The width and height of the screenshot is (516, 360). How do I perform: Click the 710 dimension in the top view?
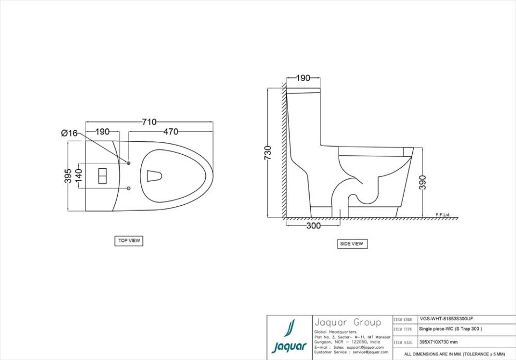pos(149,122)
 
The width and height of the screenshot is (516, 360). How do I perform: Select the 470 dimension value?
pos(171,132)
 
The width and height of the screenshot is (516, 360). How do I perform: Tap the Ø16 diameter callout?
pos(69,133)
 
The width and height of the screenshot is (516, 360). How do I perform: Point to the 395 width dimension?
pos(68,176)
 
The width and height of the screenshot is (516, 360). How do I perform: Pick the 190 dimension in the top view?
pos(103,132)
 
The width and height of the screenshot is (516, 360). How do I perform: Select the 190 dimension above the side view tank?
pos(303,78)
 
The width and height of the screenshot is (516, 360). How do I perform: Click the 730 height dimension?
pos(268,152)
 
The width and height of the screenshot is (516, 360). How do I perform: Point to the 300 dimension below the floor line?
pos(313,226)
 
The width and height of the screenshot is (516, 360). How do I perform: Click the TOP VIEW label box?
pos(129,241)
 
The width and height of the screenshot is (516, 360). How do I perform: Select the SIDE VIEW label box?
pos(352,244)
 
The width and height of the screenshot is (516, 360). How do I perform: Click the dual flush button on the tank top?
pos(102,176)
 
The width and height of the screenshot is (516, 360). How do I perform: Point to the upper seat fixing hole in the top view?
pos(129,162)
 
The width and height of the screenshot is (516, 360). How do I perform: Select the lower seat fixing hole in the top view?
pos(129,188)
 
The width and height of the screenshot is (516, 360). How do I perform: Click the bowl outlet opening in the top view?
pos(155,176)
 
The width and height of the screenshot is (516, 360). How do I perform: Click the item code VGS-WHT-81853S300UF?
pos(446,319)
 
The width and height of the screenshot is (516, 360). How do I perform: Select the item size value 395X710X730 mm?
pos(438,342)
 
